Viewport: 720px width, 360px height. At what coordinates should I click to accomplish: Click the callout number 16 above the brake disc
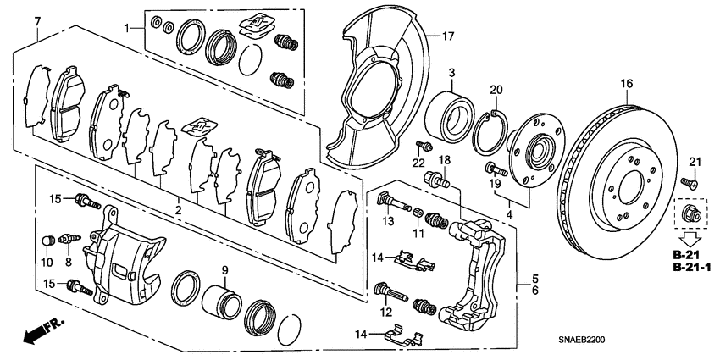626,83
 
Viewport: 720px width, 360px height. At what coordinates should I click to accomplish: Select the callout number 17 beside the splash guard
448,36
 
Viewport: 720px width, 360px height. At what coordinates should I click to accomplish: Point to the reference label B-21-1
693,268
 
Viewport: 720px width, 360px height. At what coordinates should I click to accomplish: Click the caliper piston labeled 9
222,302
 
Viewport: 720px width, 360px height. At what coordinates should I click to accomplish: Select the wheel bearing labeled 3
450,110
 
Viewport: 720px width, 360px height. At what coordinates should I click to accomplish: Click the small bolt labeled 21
687,180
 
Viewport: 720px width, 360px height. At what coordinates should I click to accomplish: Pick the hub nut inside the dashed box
686,213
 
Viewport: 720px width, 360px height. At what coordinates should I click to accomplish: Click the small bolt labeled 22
419,147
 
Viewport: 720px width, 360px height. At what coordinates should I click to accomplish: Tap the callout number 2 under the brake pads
177,209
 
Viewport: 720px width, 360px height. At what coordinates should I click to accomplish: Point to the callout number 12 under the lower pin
389,313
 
